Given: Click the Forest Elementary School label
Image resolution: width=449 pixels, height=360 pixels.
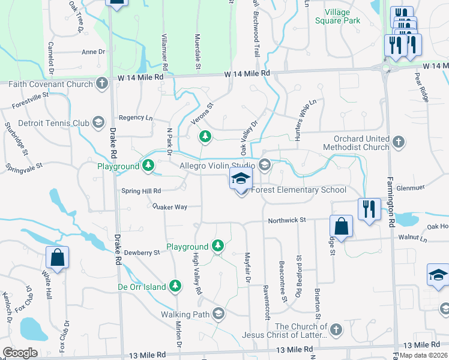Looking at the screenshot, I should coord(299,190).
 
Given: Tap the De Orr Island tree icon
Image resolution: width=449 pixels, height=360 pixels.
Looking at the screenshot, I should coord(175,286).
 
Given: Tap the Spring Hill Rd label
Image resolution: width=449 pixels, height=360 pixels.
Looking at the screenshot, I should coord(141,191).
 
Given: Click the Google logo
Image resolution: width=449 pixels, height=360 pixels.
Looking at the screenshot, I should coord(20,352).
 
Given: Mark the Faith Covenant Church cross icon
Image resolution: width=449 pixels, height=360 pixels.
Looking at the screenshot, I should coord(103,83).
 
